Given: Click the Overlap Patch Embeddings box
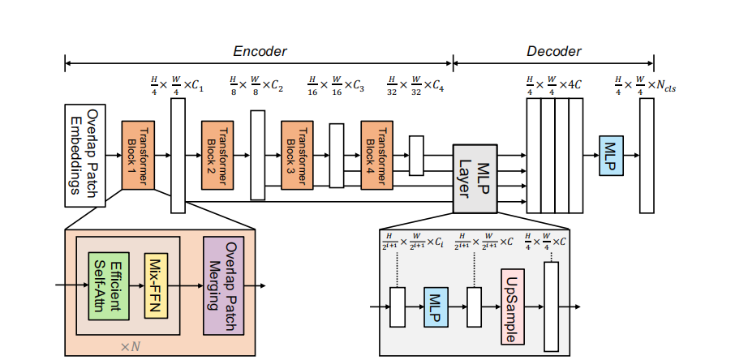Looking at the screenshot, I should click(86, 154).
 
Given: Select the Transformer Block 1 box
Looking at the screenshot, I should click(138, 155).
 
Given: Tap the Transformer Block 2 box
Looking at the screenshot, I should click(217, 155).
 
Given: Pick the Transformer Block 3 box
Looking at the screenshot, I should click(297, 155).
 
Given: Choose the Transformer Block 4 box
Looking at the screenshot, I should click(376, 155).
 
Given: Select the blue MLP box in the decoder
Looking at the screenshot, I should click(611, 155).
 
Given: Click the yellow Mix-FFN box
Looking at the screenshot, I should click(156, 285).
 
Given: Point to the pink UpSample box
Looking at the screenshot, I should click(514, 306).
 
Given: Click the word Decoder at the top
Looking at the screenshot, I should click(554, 51).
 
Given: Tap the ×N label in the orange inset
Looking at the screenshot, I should click(130, 346).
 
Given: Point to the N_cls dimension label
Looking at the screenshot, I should click(645, 84).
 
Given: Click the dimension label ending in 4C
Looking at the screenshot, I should click(554, 84).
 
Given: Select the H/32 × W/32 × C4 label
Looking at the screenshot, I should click(415, 84).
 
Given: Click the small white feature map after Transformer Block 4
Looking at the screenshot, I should click(416, 155).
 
